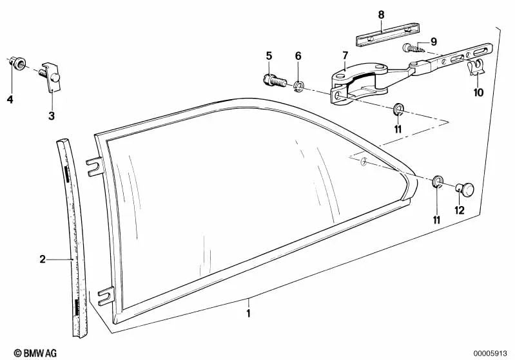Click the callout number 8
click(381, 15)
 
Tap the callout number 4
click(10, 99)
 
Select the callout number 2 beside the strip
click(43, 260)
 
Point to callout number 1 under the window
click(249, 313)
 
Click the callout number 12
click(460, 211)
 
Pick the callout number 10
click(478, 93)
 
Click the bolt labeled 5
click(275, 81)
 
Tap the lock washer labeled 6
click(298, 86)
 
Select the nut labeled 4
click(19, 62)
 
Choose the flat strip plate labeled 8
click(387, 34)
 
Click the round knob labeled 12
click(465, 189)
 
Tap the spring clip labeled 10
click(476, 66)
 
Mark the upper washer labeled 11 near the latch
click(398, 109)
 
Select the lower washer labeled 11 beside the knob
click(437, 181)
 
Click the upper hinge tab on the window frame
click(95, 167)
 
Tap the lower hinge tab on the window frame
click(106, 296)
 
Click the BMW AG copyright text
click(35, 353)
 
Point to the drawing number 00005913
click(490, 354)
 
